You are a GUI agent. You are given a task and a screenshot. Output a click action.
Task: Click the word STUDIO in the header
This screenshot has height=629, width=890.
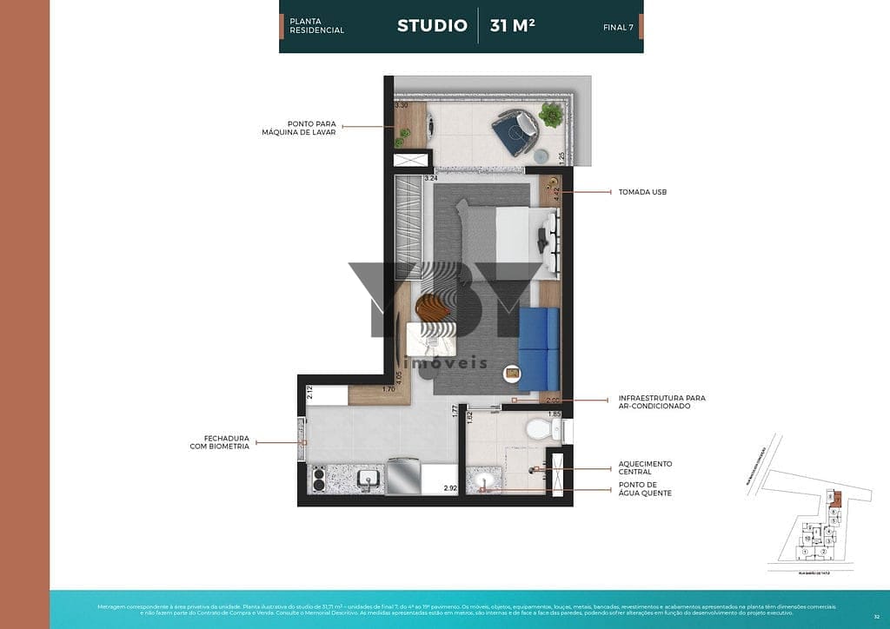pos(432,25)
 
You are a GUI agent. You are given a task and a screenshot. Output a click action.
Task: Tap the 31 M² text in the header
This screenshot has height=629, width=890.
pos(512,25)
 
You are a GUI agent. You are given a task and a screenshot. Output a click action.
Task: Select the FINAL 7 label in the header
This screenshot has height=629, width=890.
pos(617,27)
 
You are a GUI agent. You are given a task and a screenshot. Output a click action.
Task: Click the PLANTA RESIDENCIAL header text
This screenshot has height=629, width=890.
pos(316,25)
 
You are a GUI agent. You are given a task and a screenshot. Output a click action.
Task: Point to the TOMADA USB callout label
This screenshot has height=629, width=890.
pos(641,191)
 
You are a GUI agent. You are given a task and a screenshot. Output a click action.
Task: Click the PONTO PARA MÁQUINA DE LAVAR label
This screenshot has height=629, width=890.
pos(299,128)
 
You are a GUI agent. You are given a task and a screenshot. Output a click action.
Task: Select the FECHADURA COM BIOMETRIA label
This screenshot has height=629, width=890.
pos(220,442)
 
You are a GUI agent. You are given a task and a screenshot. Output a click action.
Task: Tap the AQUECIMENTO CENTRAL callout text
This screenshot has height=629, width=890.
pos(645,467)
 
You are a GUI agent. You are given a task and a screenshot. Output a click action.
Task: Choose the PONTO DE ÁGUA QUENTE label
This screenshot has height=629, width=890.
pos(645,489)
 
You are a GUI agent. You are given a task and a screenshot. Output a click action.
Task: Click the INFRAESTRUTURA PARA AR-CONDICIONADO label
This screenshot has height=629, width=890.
pos(661,402)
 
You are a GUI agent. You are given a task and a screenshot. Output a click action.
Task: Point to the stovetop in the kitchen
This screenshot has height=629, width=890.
pos(319,479)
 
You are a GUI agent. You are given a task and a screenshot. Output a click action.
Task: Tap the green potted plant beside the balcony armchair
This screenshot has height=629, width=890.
pos(550,114)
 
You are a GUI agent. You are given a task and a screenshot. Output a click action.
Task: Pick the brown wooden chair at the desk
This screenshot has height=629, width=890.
pos(434,307)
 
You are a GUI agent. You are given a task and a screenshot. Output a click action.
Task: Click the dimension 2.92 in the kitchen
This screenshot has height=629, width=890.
pos(450,489)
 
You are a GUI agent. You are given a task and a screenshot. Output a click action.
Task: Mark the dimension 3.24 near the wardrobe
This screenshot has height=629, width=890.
pos(430,178)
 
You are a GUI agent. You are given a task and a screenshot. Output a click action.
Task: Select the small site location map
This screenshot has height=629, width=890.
pos(810,513)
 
